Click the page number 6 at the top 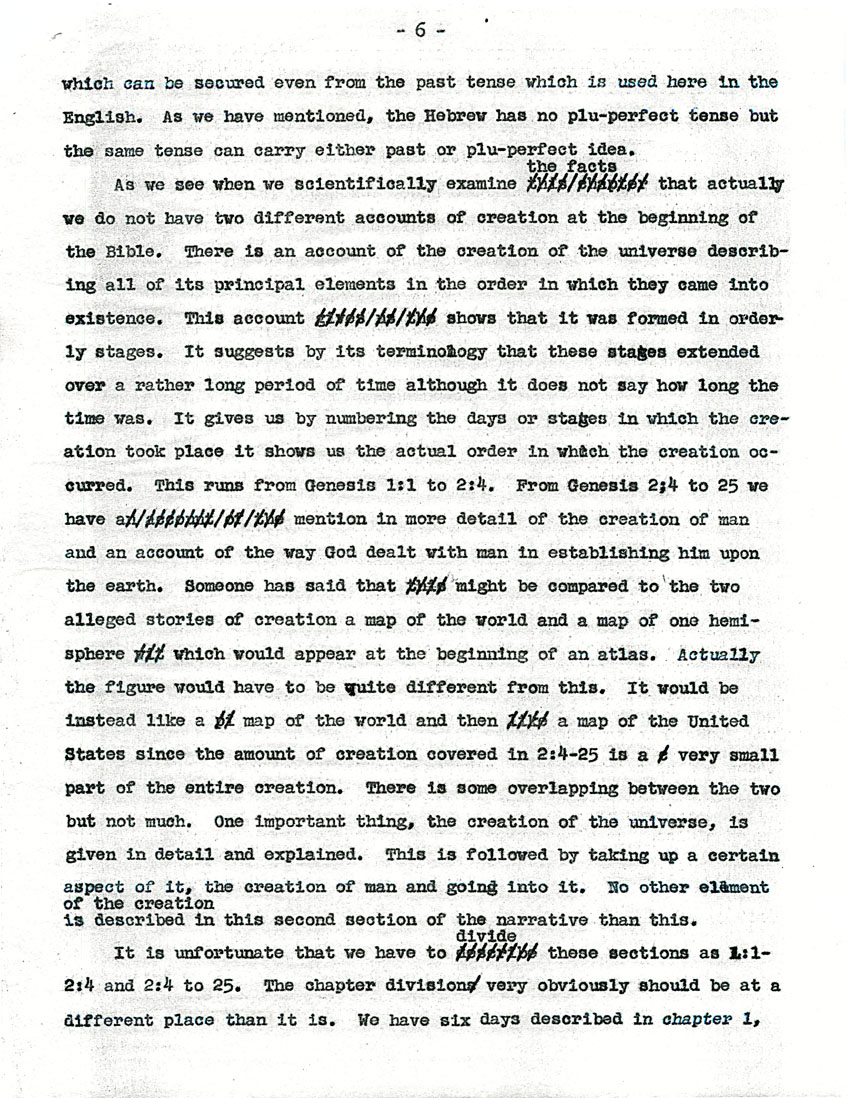click(x=420, y=31)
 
